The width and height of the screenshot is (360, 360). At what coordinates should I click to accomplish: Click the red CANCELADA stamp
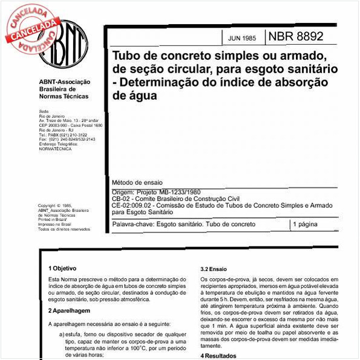pos(27,27)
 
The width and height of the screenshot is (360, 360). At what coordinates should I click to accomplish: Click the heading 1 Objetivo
pos(62,267)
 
